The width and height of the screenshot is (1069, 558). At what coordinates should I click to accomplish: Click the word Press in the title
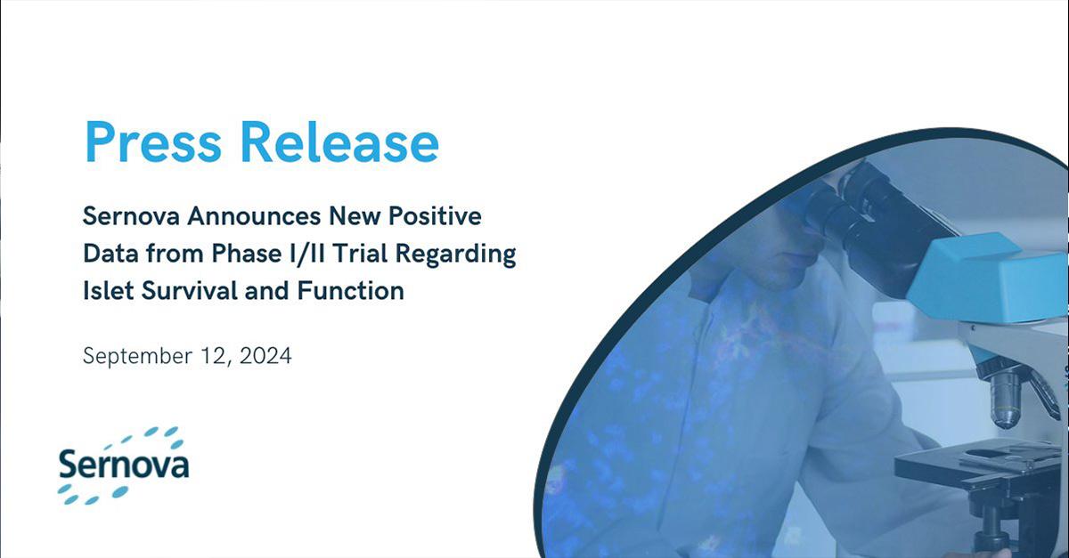(x=153, y=142)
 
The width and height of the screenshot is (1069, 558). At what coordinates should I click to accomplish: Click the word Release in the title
(x=339, y=142)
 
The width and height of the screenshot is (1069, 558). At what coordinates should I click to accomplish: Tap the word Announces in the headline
(x=254, y=216)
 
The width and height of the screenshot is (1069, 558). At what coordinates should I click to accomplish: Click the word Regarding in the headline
(x=456, y=255)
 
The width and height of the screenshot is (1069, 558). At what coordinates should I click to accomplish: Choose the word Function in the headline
(x=351, y=290)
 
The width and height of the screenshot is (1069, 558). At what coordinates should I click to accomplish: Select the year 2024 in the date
(x=265, y=356)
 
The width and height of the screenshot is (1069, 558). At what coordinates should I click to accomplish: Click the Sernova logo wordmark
(x=124, y=464)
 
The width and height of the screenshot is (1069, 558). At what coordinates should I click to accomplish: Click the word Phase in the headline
(x=247, y=254)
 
